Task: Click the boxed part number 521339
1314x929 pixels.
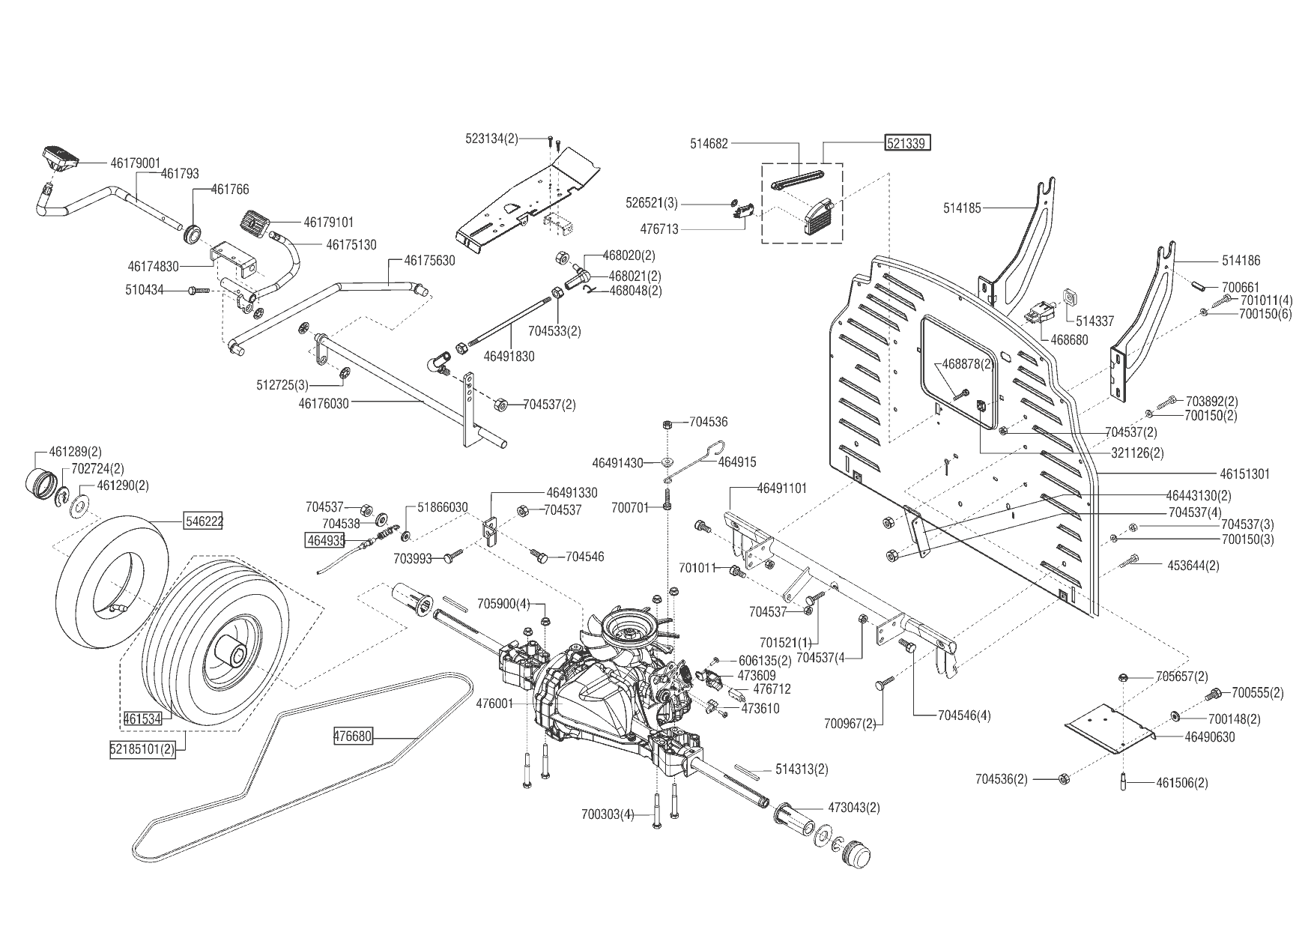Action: pos(908,143)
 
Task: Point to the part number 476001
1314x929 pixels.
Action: pos(494,704)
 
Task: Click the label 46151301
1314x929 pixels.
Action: pos(1244,474)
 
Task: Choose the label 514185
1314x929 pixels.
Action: pos(962,208)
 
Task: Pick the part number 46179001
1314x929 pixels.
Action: pos(136,162)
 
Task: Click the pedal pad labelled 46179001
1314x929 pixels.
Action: pos(60,155)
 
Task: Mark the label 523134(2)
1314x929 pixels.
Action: pos(491,139)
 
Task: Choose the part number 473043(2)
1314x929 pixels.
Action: pos(854,808)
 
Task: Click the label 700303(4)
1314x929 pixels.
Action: pos(608,814)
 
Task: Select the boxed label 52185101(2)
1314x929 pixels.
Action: pos(143,750)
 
